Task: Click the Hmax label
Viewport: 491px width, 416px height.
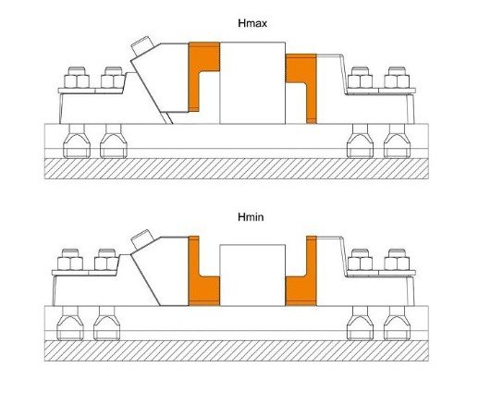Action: (x=252, y=23)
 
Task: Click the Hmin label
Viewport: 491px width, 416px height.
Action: (x=251, y=217)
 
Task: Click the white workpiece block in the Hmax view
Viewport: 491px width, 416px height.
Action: (x=252, y=83)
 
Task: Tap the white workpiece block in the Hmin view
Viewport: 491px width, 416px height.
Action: (x=252, y=275)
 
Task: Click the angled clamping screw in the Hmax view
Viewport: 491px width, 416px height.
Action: (x=141, y=46)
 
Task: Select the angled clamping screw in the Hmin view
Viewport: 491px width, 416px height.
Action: (x=141, y=239)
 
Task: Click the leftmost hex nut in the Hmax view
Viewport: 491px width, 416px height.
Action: (x=77, y=79)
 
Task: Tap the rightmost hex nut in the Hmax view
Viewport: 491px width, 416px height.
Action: (x=397, y=79)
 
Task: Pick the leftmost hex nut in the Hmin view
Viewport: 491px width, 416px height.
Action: (x=70, y=261)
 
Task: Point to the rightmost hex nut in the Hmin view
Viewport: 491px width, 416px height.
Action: (x=397, y=261)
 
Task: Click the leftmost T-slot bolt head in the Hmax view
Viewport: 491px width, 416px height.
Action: (x=77, y=145)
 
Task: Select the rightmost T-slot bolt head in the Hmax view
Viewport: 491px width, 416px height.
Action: (x=397, y=145)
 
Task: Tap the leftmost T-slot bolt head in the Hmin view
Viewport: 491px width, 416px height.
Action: (x=70, y=328)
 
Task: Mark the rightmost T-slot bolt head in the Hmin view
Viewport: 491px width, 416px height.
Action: (x=397, y=328)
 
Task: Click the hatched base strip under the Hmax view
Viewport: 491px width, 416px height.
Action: (x=237, y=168)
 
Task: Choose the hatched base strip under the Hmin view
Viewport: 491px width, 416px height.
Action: (x=237, y=350)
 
